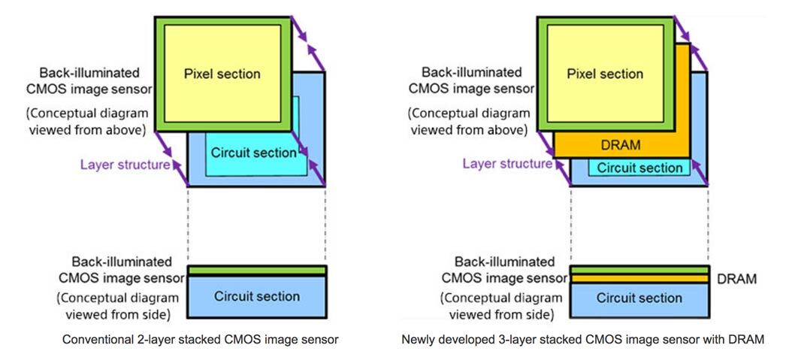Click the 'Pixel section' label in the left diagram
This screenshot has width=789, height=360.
tap(222, 74)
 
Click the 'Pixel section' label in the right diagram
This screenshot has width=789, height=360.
tap(605, 74)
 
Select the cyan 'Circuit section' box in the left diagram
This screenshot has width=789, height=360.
tap(253, 153)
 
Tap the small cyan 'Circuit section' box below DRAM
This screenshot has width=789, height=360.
tap(639, 168)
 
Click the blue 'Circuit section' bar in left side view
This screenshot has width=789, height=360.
tap(256, 297)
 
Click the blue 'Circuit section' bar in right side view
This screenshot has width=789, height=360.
tap(639, 298)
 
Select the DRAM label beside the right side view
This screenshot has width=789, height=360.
tap(736, 279)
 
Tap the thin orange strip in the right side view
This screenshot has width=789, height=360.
tap(639, 279)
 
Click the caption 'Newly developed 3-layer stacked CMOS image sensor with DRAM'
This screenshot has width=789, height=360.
tap(582, 340)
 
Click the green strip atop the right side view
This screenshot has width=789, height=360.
tap(639, 270)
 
